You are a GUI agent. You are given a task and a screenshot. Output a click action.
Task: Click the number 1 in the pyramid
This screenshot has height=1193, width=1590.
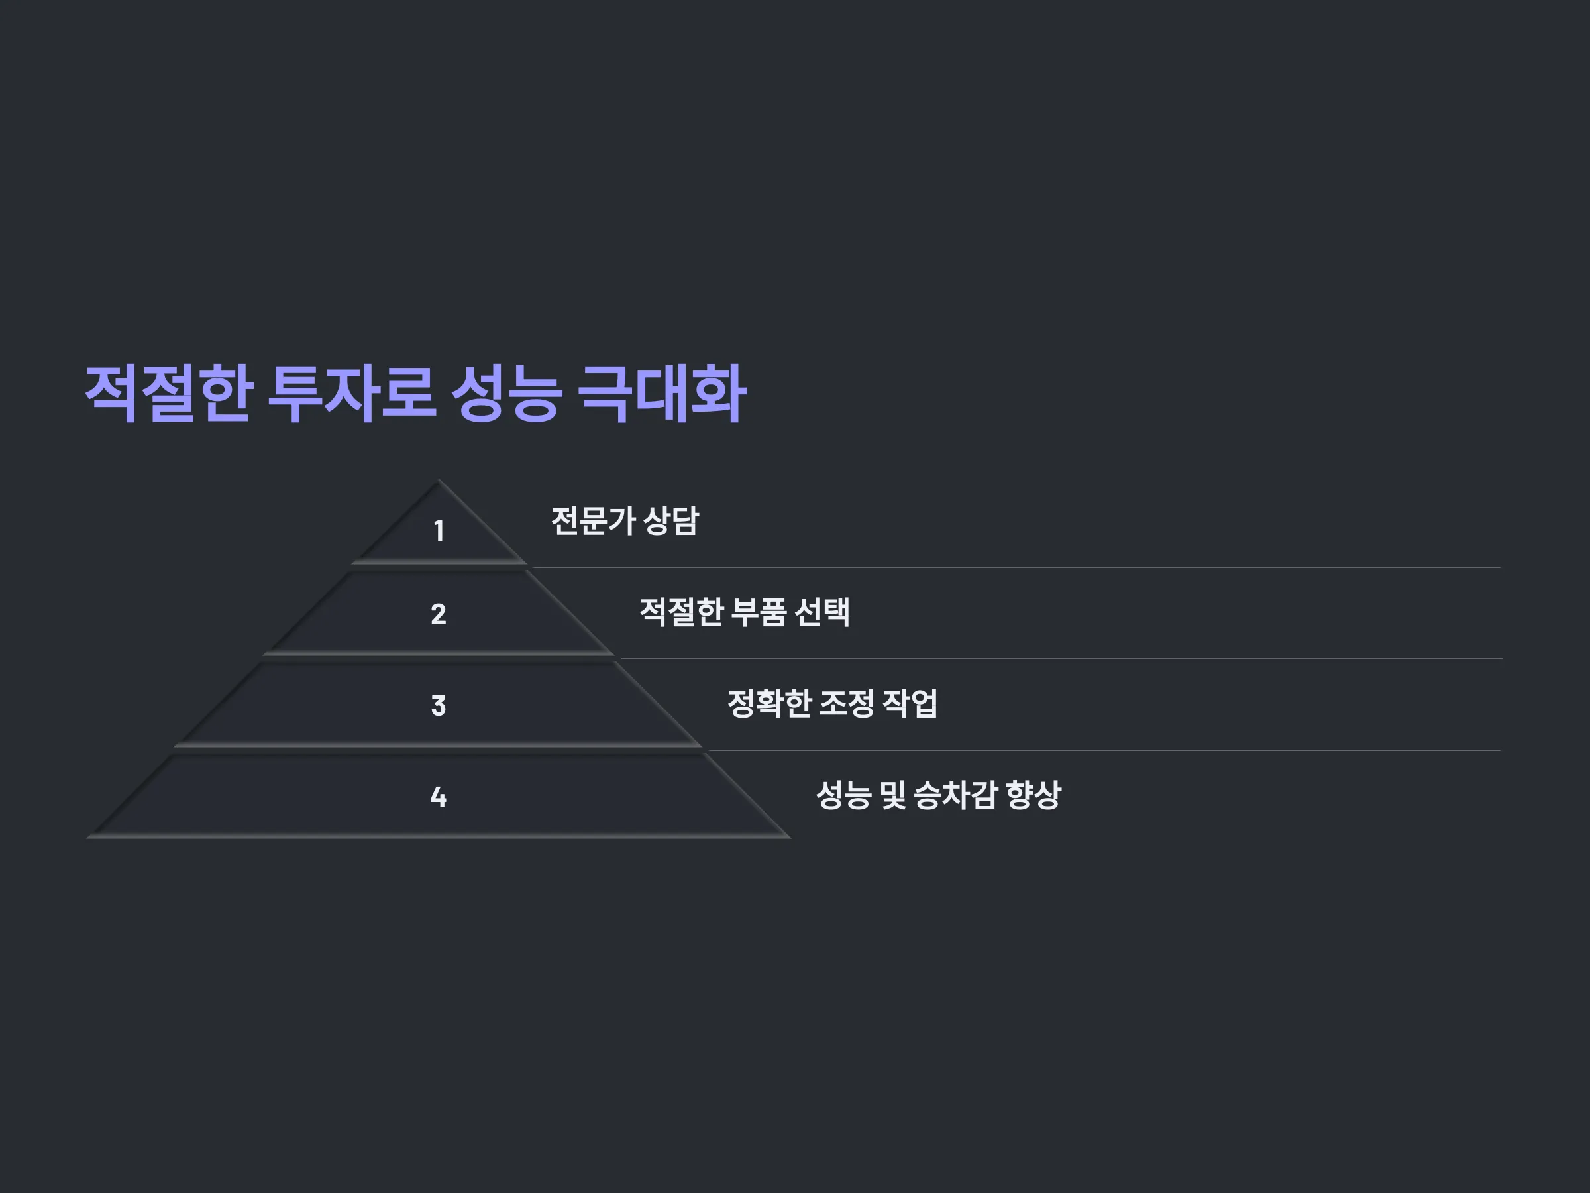[x=439, y=532]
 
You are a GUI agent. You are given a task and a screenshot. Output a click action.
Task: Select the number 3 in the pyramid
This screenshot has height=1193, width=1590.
[x=439, y=705]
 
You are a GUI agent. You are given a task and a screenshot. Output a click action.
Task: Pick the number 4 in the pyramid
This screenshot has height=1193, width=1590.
[x=439, y=797]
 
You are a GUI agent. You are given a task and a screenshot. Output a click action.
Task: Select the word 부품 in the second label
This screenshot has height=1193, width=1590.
[x=759, y=612]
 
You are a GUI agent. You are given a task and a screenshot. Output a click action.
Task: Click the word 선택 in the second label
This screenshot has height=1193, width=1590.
[x=823, y=612]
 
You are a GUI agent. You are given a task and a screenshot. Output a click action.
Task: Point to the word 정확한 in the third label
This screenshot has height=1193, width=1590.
[x=769, y=703]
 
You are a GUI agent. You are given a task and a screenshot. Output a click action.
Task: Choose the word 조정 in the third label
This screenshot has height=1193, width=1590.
[x=847, y=703]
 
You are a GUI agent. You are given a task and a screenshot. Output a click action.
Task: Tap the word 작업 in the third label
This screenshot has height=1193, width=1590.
[x=910, y=703]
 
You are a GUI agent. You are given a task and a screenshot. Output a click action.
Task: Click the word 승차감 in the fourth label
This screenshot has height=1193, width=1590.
[x=955, y=795]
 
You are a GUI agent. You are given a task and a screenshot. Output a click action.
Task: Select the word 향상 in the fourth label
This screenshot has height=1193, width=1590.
[x=1033, y=795]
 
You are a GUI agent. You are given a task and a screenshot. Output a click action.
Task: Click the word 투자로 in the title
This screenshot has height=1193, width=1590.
[x=352, y=394]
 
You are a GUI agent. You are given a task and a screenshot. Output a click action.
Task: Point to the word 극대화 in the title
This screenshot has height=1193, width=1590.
[x=662, y=394]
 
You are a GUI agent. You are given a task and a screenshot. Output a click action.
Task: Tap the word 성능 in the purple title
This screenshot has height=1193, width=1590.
[x=507, y=394]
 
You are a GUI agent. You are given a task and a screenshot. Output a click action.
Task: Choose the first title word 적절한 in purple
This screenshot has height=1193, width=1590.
[x=169, y=394]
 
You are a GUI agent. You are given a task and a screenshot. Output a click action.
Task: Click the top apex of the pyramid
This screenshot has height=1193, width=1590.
[x=439, y=480]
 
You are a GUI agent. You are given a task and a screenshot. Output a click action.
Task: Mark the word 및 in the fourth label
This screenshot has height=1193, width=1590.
[x=893, y=795]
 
